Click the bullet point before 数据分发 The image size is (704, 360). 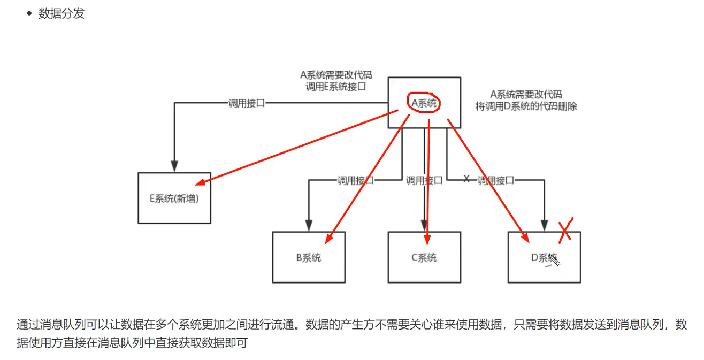[x=29, y=14]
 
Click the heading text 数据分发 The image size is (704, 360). [x=62, y=14]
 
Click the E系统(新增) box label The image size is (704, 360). [x=174, y=198]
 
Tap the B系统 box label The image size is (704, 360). [x=309, y=258]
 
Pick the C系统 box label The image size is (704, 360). [x=424, y=258]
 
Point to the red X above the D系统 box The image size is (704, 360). [x=565, y=229]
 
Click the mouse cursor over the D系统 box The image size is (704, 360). [x=554, y=261]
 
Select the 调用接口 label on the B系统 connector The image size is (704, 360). [x=356, y=181]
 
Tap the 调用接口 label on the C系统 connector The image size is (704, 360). [x=424, y=181]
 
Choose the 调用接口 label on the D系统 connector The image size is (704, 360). [x=496, y=181]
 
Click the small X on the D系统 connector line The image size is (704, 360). [x=466, y=179]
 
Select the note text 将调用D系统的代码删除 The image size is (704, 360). [x=526, y=106]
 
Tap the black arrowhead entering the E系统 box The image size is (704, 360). [x=174, y=167]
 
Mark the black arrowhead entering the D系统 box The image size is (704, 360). [x=545, y=226]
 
